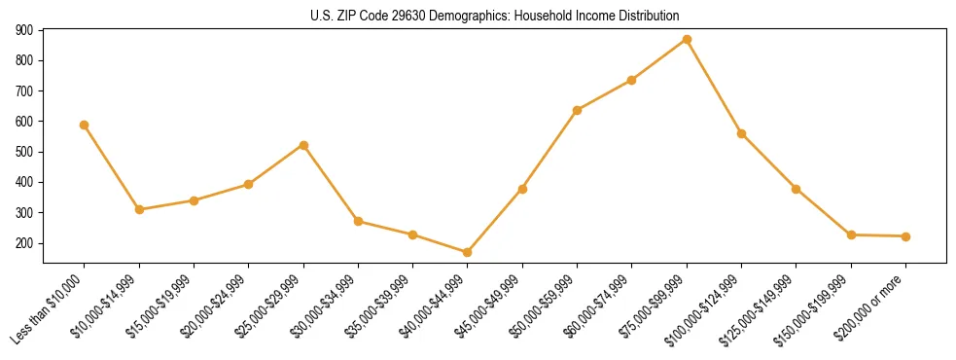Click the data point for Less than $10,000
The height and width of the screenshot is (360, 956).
85,125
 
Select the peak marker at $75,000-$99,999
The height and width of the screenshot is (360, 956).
687,40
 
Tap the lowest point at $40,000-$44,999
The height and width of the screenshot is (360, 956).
468,252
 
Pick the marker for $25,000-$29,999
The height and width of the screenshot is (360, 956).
303,145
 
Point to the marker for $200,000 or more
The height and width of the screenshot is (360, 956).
905,236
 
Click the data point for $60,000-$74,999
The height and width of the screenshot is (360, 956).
632,80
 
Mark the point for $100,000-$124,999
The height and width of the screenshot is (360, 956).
741,133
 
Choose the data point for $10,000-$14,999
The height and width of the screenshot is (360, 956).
139,209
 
